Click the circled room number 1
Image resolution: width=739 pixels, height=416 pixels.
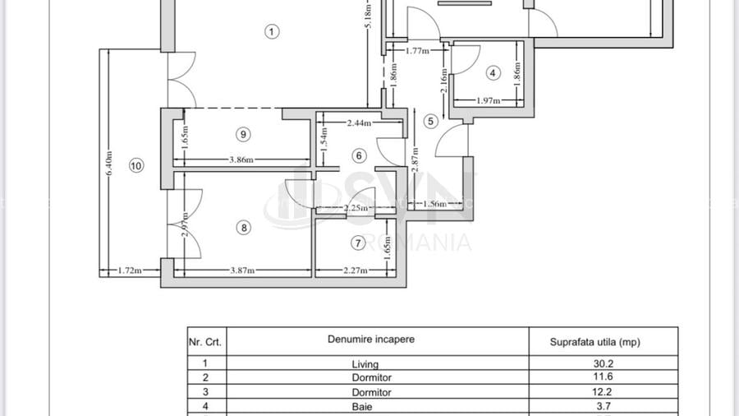pos(273,32)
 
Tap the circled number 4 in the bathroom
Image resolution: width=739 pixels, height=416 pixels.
pos(493,72)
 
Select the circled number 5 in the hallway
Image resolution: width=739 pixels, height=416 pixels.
pos(430,121)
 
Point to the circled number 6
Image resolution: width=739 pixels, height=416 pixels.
pos(359,155)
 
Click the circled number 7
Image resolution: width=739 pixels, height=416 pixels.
pos(357,243)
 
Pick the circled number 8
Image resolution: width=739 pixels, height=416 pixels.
pos(243,228)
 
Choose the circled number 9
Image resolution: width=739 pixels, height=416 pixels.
pos(243,133)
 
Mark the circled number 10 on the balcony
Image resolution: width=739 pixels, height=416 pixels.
pos(136,166)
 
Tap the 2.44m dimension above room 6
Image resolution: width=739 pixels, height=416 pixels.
pos(360,122)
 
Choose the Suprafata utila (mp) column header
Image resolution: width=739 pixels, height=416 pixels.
pos(594,341)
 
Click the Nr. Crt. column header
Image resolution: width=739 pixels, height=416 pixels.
pos(206,341)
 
